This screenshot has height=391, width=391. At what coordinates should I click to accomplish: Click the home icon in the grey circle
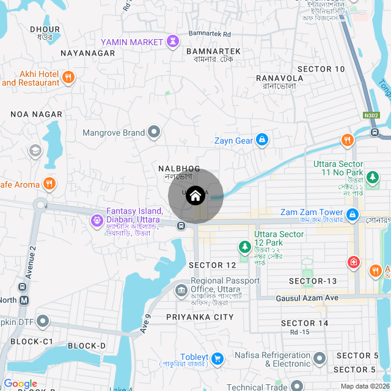tap(195, 196)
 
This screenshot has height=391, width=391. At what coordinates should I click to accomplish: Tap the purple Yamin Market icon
tap(174, 42)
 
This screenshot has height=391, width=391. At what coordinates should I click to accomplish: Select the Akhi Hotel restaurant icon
tap(68, 78)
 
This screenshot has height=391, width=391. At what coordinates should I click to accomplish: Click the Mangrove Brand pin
tap(154, 132)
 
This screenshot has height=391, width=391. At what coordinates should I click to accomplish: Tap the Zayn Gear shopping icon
tap(261, 141)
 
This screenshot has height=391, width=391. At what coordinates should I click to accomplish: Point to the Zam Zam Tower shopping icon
tap(353, 214)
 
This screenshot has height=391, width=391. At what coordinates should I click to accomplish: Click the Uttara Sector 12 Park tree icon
tap(244, 247)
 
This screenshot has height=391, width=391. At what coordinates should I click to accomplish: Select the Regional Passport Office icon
tap(181, 290)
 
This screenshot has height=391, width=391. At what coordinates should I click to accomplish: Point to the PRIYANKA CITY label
tap(200, 317)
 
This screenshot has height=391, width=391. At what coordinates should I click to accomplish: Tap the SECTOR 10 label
tap(321, 69)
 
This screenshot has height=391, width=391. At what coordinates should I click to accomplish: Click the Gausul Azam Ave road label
tap(307, 298)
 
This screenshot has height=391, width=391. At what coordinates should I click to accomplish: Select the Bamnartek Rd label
tap(210, 34)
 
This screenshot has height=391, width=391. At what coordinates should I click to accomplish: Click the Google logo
tap(20, 383)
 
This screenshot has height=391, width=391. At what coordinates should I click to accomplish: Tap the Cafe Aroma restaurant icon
tap(49, 183)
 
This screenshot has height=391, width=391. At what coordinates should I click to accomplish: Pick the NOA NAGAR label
tap(37, 114)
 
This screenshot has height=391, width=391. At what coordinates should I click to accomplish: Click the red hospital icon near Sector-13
tap(353, 263)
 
